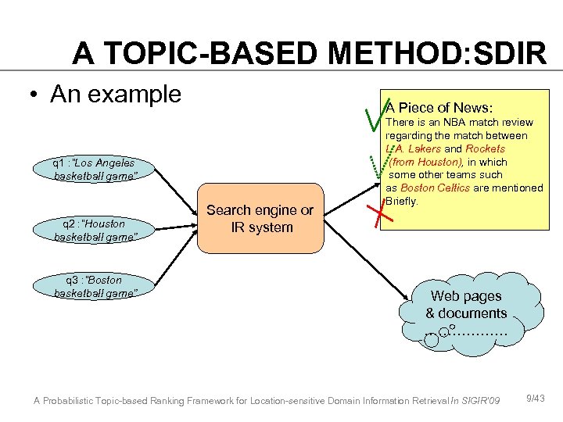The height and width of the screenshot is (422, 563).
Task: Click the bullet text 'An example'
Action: (115, 95)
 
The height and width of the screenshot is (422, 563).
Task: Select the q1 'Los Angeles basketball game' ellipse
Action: (95, 170)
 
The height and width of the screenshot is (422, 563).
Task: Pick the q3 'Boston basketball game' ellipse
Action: (95, 286)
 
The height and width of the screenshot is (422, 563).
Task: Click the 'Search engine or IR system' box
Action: (260, 219)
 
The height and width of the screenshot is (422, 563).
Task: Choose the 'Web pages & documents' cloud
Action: (466, 308)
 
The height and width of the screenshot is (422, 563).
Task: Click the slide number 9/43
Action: (535, 399)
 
